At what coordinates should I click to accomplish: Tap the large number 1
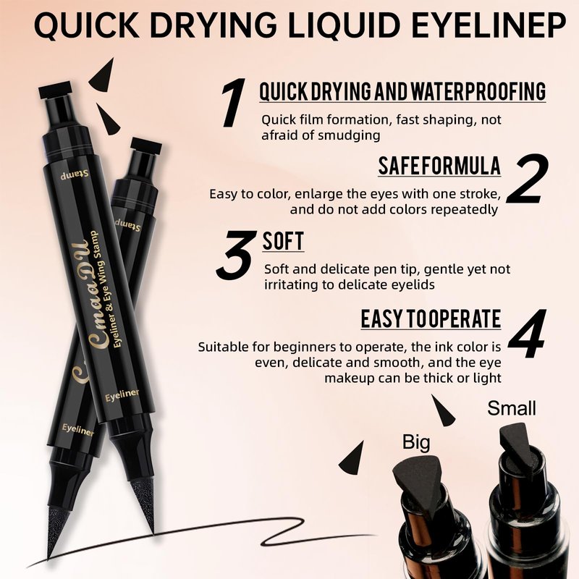click(x=233, y=102)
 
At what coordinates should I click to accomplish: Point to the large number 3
click(x=236, y=255)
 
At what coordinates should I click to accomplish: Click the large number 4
click(x=528, y=334)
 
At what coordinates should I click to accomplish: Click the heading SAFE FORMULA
click(x=439, y=166)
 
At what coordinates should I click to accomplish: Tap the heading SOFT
click(x=283, y=241)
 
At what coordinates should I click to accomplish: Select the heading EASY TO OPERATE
click(x=431, y=319)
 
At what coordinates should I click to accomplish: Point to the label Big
click(x=416, y=442)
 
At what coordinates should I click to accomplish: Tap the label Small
click(x=512, y=408)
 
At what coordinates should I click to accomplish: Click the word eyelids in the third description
click(x=413, y=284)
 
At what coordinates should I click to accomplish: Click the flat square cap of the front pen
click(x=55, y=89)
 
